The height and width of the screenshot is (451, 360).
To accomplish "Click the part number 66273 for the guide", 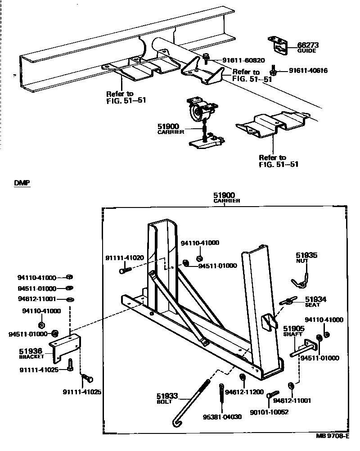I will click(308, 45).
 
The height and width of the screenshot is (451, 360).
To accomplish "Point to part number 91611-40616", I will click(308, 71).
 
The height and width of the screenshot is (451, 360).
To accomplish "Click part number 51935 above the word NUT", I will click(306, 255).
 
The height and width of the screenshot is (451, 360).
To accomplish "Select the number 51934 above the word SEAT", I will click(315, 299).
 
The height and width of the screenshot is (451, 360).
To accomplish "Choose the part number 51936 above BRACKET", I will click(31, 351).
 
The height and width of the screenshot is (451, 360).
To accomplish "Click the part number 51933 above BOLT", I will click(167, 396).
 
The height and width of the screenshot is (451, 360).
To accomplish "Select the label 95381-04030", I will click(222, 417).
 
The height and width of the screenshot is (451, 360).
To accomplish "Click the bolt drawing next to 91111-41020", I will click(126, 271).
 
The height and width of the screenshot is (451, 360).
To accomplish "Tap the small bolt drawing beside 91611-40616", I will click(273, 71).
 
